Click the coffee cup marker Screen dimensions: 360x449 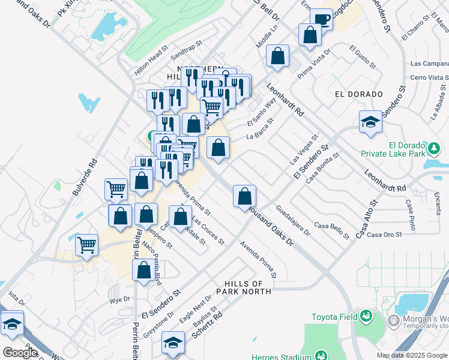click(322, 19)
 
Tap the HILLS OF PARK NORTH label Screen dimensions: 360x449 click(244, 287)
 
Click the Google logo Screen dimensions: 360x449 click(20, 352)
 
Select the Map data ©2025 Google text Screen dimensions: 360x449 click(411, 355)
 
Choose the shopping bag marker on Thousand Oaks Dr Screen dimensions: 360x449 click(244, 196)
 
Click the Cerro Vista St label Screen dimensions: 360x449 click(429, 77)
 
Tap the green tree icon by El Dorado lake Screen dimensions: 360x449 click(432, 148)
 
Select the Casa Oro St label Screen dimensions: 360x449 click(384, 234)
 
